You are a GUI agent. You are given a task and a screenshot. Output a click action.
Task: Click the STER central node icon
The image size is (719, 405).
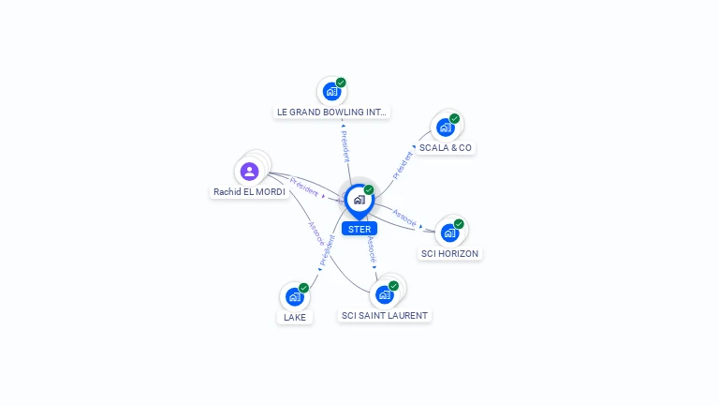[x=359, y=200]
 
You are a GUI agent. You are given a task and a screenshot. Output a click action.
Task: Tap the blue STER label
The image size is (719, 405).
[x=359, y=229]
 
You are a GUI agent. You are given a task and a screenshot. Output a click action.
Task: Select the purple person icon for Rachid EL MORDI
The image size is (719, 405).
[x=249, y=172]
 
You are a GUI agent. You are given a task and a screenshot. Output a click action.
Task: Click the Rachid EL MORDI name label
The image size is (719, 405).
[x=249, y=192]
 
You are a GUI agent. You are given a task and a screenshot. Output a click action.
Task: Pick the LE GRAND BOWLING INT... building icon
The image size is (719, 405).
[x=330, y=92]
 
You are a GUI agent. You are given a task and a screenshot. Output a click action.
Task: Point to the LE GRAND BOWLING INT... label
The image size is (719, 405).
[x=331, y=112]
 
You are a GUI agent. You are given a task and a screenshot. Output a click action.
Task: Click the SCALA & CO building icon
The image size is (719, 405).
[x=445, y=127]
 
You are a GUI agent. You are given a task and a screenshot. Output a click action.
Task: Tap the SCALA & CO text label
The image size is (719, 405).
[x=446, y=148]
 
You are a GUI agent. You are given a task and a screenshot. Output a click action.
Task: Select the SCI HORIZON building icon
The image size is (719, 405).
[x=449, y=232]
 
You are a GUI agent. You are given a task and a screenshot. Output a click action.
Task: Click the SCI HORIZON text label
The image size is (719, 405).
[x=450, y=253]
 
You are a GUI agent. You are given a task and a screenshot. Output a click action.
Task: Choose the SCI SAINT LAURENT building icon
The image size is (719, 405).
[x=384, y=295]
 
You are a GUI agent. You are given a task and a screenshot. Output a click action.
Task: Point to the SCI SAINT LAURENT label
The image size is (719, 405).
[x=385, y=316]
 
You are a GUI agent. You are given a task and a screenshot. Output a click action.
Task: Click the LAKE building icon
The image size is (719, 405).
[x=294, y=297]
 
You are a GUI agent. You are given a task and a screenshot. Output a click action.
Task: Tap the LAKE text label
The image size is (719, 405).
[x=295, y=317]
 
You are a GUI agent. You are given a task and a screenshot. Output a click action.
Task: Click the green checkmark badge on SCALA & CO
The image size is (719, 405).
[x=454, y=119]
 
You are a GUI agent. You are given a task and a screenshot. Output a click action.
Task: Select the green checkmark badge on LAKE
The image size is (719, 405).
[x=303, y=288]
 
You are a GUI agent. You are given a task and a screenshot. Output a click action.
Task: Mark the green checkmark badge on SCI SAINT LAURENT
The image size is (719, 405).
[x=393, y=286]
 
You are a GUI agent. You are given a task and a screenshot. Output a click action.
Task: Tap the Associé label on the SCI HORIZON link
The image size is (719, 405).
[x=404, y=217]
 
